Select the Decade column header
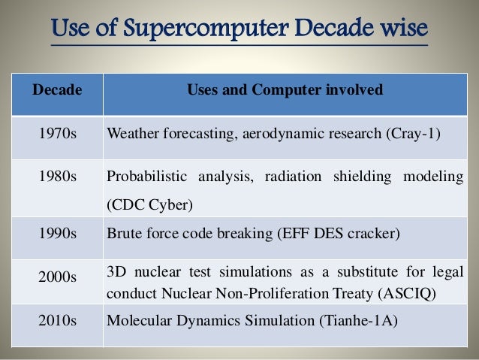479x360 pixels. point(56,91)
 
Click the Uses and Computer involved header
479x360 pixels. point(284,91)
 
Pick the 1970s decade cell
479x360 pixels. point(56,135)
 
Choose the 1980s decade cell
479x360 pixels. point(56,177)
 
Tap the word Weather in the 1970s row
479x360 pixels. point(133,135)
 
